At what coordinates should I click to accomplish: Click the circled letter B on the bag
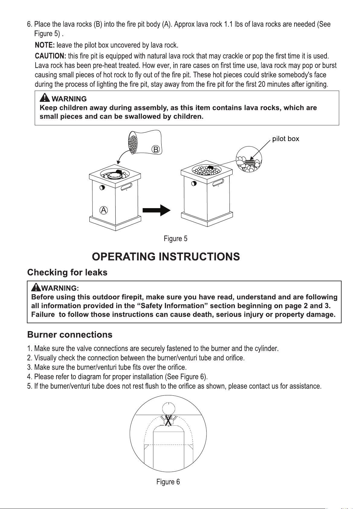point(156,150)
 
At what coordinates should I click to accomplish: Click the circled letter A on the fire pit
point(104,210)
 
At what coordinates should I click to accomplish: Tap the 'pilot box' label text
point(285,139)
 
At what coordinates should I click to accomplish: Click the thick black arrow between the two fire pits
point(156,210)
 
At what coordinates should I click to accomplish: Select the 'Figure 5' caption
point(175,239)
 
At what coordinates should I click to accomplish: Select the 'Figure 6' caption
point(168,482)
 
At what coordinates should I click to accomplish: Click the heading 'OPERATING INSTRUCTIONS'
point(166,256)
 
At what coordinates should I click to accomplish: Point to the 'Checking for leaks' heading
point(67,272)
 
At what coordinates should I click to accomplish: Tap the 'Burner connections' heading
point(70,334)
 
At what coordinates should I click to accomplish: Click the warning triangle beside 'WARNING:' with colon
point(36,288)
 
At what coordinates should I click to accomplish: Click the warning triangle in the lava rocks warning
point(44,98)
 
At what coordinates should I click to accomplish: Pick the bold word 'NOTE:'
point(45,45)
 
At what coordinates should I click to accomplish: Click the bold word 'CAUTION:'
point(50,56)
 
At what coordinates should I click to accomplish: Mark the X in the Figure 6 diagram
point(168,420)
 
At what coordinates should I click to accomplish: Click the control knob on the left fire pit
point(102,188)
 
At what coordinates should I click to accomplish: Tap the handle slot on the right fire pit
point(218,182)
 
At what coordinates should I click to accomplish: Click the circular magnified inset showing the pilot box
point(249,159)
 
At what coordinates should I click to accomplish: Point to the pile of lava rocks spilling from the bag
point(133,143)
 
